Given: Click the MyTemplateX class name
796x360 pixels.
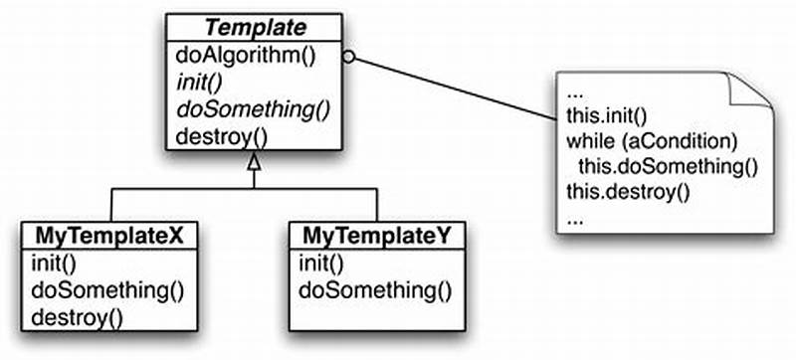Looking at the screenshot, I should (x=110, y=238).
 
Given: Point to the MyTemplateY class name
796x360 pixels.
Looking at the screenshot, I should (x=377, y=238).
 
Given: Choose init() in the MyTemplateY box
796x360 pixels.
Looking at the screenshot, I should (x=320, y=265).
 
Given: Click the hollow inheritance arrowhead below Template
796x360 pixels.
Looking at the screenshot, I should (x=254, y=162).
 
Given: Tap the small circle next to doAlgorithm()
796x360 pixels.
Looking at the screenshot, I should (x=348, y=57).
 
